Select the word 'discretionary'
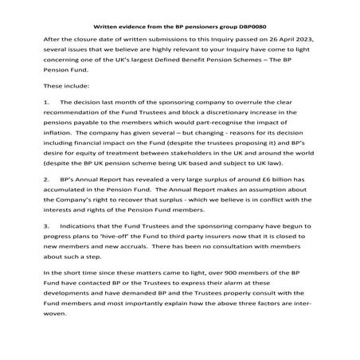pyautogui.click(x=229, y=115)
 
